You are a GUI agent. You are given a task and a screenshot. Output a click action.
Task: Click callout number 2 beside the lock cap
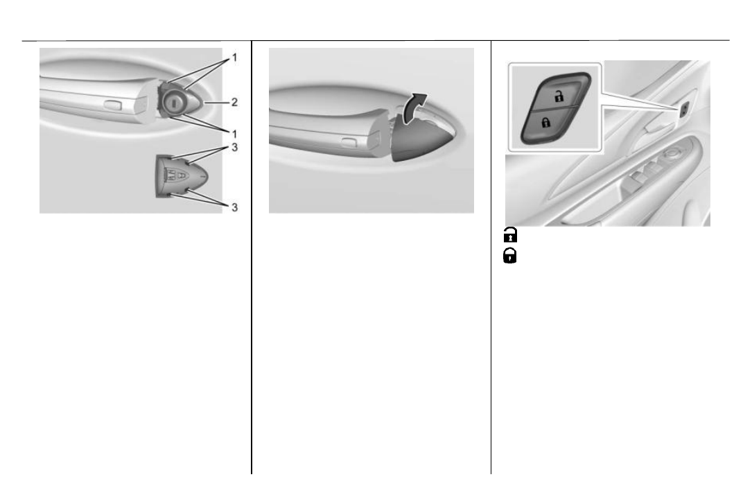tap(234, 102)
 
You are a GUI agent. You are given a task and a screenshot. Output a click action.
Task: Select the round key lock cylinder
tap(174, 101)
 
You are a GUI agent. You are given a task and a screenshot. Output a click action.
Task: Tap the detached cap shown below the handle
tap(182, 175)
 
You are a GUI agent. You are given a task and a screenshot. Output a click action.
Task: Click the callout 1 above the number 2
tap(234, 58)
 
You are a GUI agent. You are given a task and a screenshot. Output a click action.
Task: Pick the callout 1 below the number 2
tap(234, 134)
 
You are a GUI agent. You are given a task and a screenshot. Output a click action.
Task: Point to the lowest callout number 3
tap(234, 207)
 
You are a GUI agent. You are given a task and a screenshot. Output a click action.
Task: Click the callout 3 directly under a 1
tap(234, 148)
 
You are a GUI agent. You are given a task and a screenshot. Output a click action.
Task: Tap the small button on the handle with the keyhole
tap(113, 105)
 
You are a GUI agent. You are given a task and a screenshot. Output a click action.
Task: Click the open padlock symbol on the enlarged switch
tap(559, 96)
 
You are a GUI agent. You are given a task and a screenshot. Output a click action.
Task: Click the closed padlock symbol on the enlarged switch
tap(546, 123)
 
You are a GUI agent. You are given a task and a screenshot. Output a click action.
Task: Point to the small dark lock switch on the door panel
tap(685, 110)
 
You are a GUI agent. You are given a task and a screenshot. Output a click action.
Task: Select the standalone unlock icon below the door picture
tap(510, 235)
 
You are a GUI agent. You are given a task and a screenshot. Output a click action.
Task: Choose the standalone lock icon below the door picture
tap(509, 256)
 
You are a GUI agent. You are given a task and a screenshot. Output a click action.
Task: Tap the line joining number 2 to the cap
tap(216, 102)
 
